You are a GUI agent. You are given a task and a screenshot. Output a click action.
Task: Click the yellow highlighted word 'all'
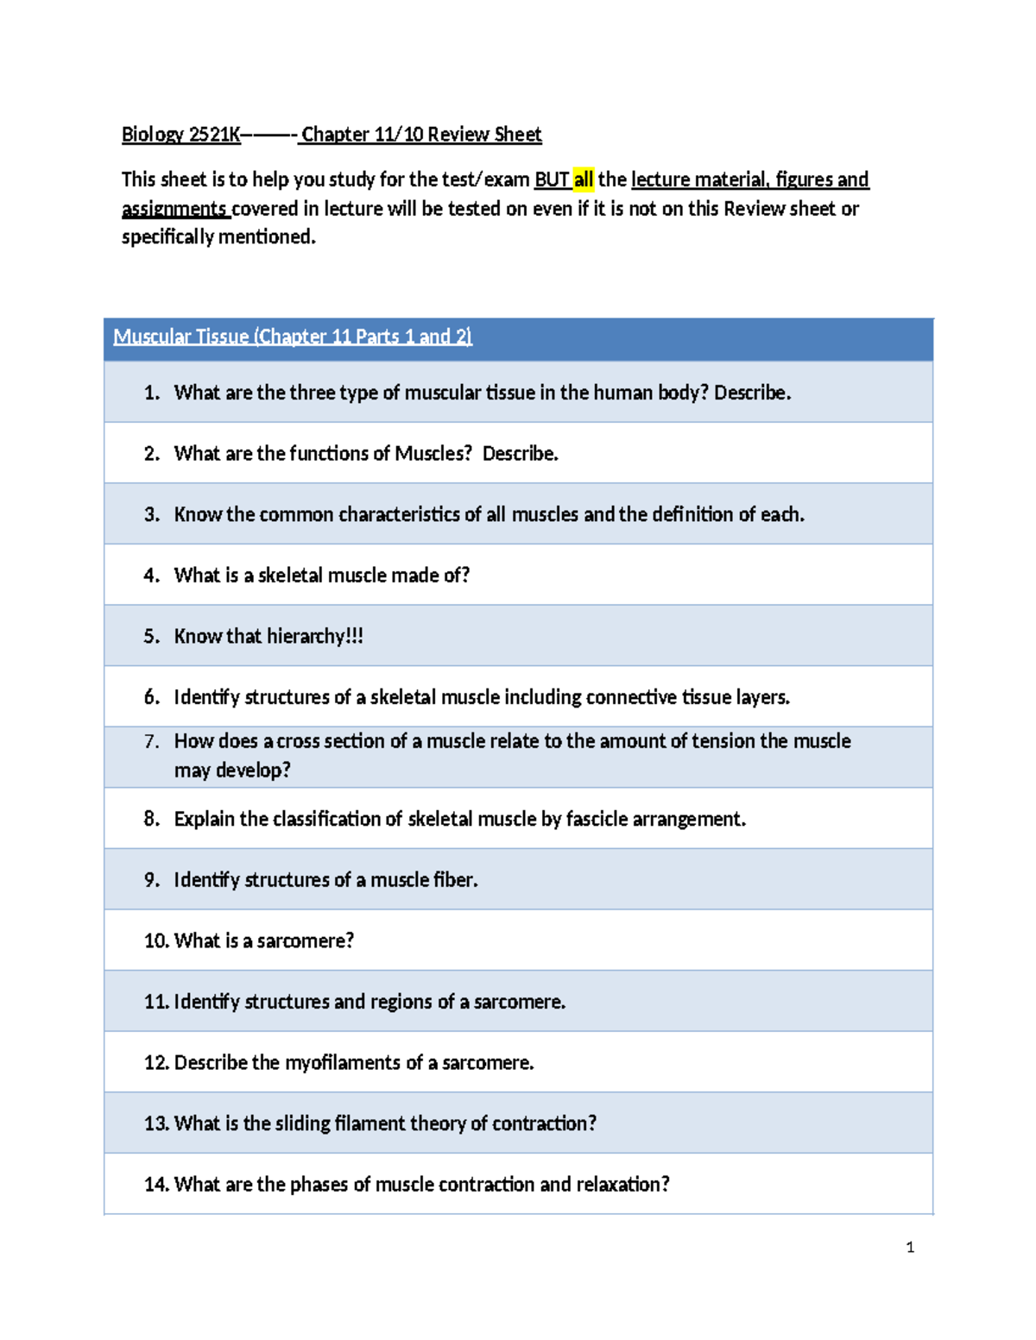(x=584, y=179)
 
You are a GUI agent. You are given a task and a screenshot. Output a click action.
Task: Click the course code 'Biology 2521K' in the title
(x=180, y=135)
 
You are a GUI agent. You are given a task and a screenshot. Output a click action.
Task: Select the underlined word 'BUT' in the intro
(x=552, y=179)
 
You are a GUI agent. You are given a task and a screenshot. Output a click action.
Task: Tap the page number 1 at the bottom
(x=910, y=1247)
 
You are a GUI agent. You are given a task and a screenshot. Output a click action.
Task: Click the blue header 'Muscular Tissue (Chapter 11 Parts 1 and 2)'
(x=293, y=337)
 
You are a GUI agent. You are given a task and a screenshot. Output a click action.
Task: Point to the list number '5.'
(x=152, y=636)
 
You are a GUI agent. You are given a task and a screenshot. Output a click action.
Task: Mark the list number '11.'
(x=156, y=1002)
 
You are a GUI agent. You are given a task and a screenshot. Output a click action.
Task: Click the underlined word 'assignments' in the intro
(x=174, y=209)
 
